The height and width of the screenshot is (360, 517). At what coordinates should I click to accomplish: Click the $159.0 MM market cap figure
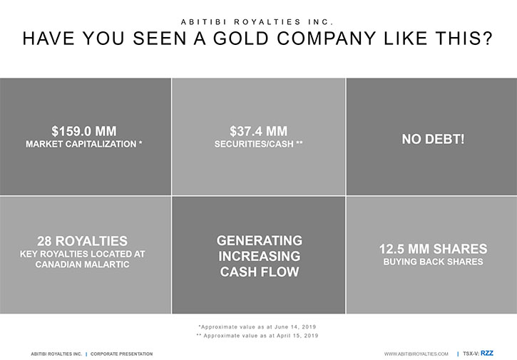pos(83,131)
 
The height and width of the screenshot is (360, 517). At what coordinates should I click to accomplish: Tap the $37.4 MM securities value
pos(258,131)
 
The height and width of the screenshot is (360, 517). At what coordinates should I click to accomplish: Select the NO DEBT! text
pos(433,139)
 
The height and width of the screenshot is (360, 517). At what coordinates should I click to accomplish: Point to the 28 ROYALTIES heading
pos(82,241)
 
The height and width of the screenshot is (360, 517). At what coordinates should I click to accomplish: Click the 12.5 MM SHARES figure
pos(433,249)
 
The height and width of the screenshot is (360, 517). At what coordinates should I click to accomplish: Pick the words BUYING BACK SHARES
pos(433,262)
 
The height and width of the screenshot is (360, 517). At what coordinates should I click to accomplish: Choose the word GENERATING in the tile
pos(259,240)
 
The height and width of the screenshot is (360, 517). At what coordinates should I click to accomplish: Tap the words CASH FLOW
pos(259,272)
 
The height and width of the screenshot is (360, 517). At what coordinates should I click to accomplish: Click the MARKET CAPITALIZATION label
pos(81,144)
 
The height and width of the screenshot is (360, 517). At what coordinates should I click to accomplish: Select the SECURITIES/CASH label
pos(254,144)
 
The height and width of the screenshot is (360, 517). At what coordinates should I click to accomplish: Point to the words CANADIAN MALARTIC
pos(82,264)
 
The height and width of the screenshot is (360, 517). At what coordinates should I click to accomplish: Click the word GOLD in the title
pos(241,38)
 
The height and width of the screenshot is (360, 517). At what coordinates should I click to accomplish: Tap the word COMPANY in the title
pos(326,38)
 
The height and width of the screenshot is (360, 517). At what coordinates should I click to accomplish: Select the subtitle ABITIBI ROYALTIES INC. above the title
pos(257,22)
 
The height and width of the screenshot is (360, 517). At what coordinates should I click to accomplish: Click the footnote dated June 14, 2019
pos(257,327)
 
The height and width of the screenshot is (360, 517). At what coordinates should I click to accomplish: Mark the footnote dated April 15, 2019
pos(257,336)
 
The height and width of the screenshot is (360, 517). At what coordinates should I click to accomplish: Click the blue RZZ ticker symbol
pos(486,354)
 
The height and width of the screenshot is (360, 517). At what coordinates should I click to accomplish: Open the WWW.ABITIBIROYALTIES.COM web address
pos(416,354)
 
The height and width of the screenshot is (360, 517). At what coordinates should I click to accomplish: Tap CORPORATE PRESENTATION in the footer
pos(121,354)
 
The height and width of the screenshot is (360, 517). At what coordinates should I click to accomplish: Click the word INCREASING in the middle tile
pos(259,256)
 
